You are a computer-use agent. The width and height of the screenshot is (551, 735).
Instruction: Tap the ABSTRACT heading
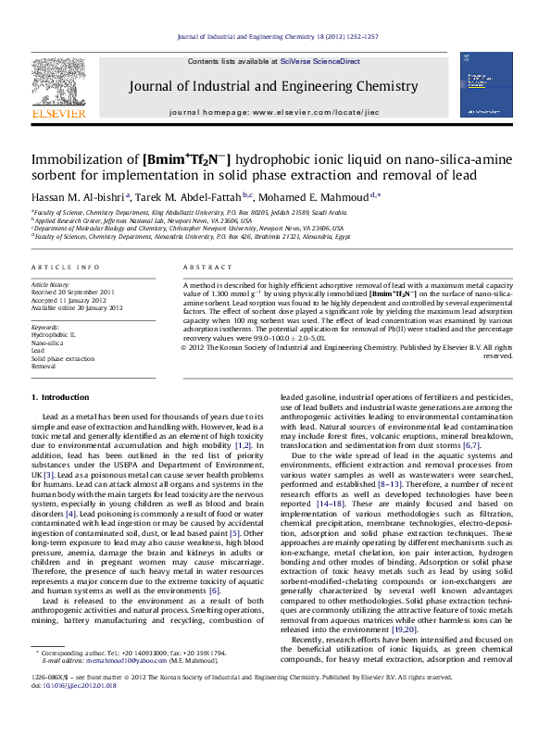(203, 267)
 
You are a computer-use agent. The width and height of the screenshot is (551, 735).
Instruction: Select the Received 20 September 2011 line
(75, 293)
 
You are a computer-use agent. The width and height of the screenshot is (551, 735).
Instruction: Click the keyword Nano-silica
(47, 343)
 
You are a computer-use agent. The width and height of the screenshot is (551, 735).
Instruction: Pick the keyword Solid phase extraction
(63, 358)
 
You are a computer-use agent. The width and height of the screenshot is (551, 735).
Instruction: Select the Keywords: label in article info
(45, 327)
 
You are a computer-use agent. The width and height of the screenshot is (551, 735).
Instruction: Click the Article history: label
(51, 284)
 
